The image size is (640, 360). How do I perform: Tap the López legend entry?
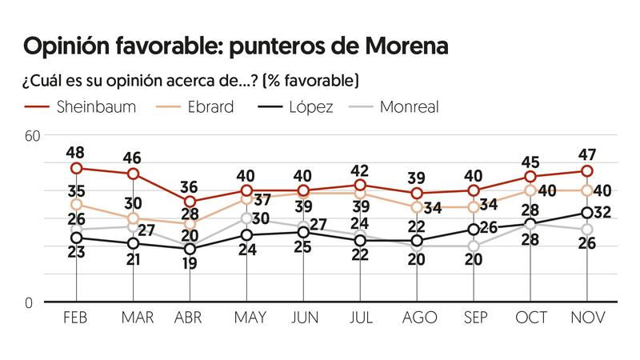coord(310,107)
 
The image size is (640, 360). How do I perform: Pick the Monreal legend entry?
coord(410,107)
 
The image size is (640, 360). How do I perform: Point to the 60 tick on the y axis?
coord(32,135)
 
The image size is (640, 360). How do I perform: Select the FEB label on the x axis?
coord(76,318)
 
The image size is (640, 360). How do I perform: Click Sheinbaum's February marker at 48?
coord(77,168)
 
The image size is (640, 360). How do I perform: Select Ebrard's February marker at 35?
coord(77,205)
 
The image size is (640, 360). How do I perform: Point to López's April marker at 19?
coord(190,249)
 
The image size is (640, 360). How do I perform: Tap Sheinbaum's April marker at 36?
coord(190,202)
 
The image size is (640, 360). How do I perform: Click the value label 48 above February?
coord(76,151)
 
